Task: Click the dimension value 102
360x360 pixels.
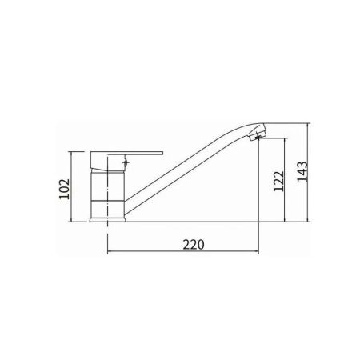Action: pos(64,189)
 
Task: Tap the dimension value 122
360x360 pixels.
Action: pos(278,181)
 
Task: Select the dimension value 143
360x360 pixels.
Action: pos(302,172)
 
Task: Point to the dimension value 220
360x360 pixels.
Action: pos(194,245)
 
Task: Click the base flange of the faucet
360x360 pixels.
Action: pos(107,220)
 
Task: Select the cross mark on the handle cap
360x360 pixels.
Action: pos(126,162)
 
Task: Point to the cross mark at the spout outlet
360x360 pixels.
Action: pos(258,138)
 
